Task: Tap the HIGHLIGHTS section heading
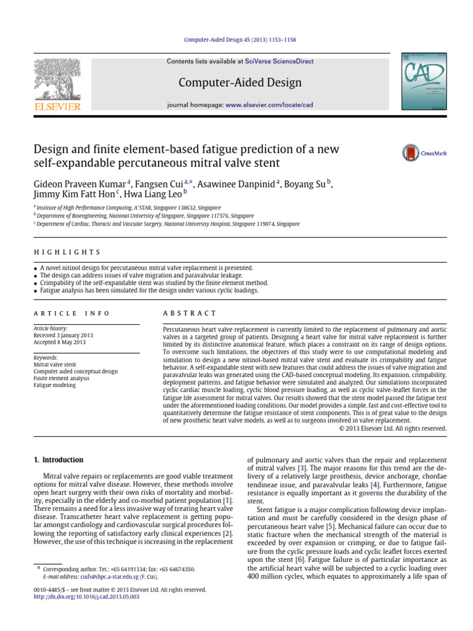coord(67,253)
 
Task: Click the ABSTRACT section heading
coord(189,314)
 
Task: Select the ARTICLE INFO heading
coord(72,314)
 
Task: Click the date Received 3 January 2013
coord(68,336)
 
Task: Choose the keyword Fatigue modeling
coord(55,385)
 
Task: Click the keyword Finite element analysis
coord(62,378)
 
